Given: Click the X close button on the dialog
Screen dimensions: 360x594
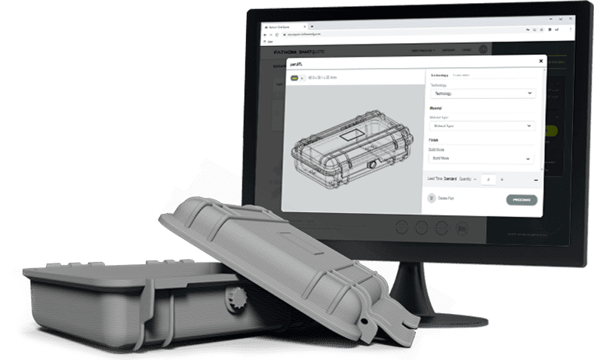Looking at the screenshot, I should click(x=540, y=61).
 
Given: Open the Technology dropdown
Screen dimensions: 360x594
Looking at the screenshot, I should click(x=482, y=94).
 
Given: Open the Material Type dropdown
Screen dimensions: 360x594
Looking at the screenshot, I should click(x=482, y=126).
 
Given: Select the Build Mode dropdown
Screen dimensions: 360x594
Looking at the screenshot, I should click(x=482, y=159).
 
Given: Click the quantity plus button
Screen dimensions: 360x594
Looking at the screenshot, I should click(x=502, y=180).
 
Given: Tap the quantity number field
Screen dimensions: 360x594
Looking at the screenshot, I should click(x=489, y=180).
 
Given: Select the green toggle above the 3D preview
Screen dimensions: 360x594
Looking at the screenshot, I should click(x=294, y=76).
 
